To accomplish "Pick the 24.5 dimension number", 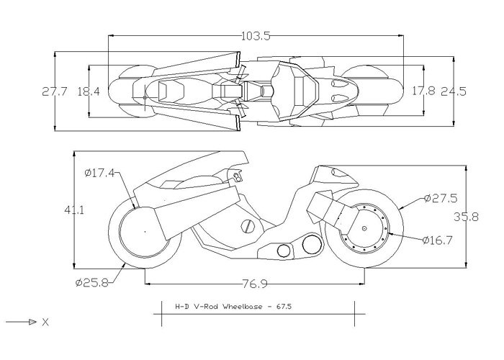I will point(454,91).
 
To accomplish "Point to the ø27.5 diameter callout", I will point(441,197).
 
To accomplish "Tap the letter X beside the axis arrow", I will point(45,323).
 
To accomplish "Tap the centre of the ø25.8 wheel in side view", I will point(145,231).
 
